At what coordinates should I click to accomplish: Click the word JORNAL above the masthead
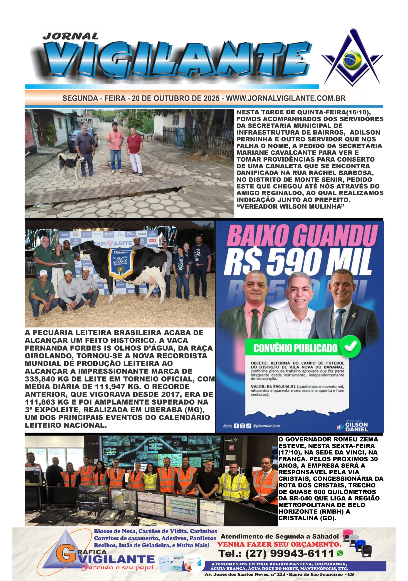pos(71,36)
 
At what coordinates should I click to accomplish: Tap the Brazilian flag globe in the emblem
pos(352,60)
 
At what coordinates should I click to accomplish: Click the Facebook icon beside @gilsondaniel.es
pos(236,426)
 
